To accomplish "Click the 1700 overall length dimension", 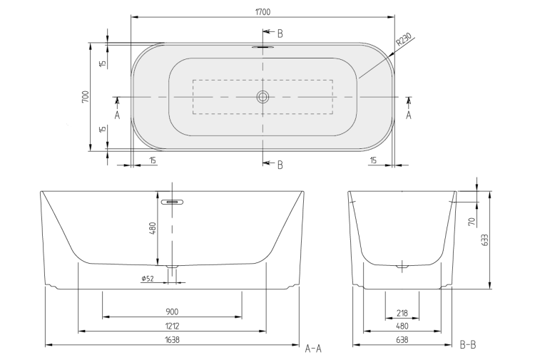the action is pyautogui.click(x=263, y=12).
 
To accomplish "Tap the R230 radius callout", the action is pyautogui.click(x=404, y=39).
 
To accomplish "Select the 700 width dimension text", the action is pyautogui.click(x=86, y=97).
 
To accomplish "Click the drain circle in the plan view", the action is pyautogui.click(x=263, y=97).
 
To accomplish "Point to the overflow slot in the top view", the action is pyautogui.click(x=263, y=47).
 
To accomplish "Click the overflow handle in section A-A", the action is pyautogui.click(x=173, y=202).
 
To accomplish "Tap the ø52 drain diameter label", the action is pyautogui.click(x=148, y=279).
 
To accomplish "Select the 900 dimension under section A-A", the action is pyautogui.click(x=172, y=312).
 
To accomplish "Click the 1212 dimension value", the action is pyautogui.click(x=172, y=326).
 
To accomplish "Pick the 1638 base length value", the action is pyautogui.click(x=172, y=339).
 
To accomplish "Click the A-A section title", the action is pyautogui.click(x=313, y=349).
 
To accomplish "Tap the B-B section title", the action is pyautogui.click(x=468, y=345).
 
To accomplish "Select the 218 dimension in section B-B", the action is pyautogui.click(x=402, y=313).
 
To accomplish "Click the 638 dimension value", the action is pyautogui.click(x=402, y=339).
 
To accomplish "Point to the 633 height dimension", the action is pyautogui.click(x=485, y=240).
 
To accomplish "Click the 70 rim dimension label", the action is pyautogui.click(x=472, y=222).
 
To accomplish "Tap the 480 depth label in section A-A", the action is pyautogui.click(x=153, y=228).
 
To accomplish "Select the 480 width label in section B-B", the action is pyautogui.click(x=402, y=326).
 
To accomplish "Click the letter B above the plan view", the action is pyautogui.click(x=280, y=34).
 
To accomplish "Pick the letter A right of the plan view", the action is pyautogui.click(x=409, y=115).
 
